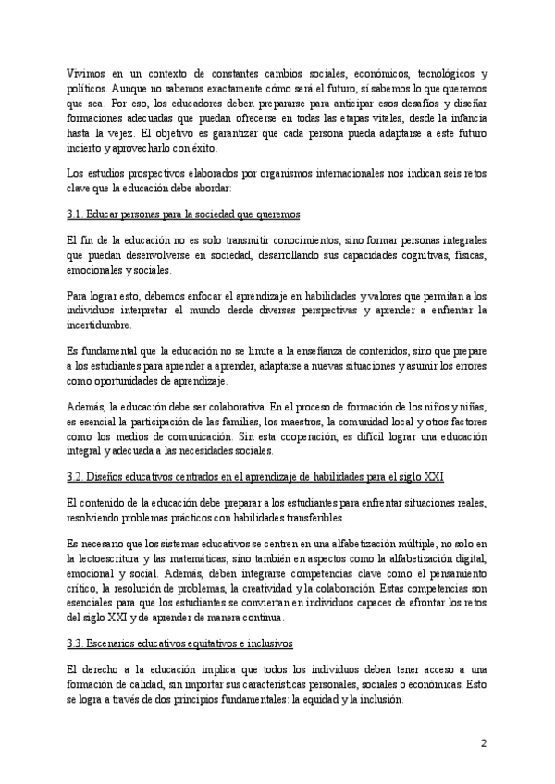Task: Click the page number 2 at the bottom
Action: pyautogui.click(x=483, y=742)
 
